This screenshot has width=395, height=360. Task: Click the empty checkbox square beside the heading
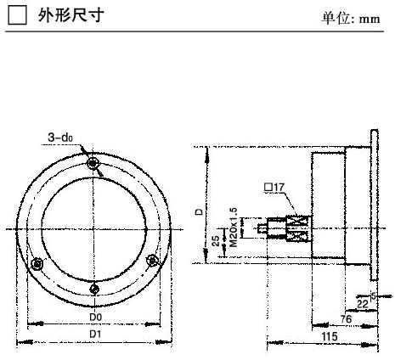[18, 15]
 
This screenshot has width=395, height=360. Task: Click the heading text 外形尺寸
[71, 15]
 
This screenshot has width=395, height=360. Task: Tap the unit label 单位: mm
[351, 19]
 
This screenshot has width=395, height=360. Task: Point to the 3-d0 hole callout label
[60, 138]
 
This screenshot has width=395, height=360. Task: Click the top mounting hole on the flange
[93, 163]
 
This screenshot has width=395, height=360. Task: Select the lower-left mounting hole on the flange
[37, 264]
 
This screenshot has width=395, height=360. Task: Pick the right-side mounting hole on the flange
[152, 260]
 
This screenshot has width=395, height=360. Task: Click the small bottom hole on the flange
[94, 289]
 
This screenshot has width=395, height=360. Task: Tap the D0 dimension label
[95, 317]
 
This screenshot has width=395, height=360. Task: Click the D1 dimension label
[95, 335]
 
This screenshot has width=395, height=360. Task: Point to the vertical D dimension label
[200, 211]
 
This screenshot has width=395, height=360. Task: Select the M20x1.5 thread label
[234, 228]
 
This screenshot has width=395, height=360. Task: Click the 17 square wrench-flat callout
[274, 187]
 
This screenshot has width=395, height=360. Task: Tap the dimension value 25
[216, 241]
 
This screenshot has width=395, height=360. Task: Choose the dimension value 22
[363, 304]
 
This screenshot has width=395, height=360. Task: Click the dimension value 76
[346, 319]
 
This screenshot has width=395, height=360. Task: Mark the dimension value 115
[330, 336]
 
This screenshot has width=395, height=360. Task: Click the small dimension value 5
[374, 296]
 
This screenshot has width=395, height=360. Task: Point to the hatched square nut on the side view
[298, 228]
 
